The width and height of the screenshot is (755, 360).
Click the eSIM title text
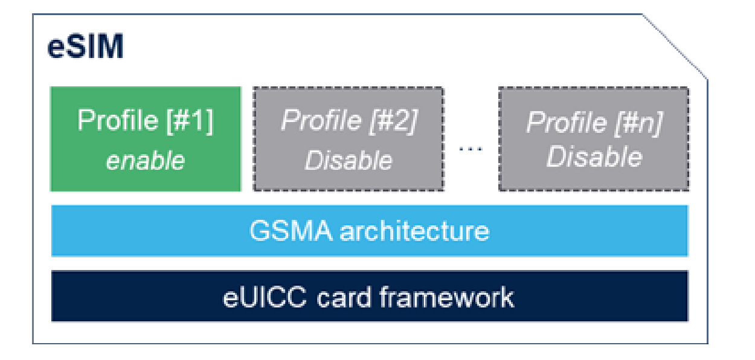(86, 46)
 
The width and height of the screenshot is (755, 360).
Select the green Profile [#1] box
(146, 139)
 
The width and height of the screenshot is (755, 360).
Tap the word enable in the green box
(146, 161)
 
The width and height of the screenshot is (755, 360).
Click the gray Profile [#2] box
(349, 139)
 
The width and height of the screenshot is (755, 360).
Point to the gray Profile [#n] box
(594, 139)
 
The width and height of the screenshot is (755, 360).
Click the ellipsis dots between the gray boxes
(471, 149)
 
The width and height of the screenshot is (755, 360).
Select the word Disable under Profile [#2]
(349, 161)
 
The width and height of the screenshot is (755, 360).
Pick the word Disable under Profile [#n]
(594, 156)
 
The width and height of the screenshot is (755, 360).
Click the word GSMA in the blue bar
(291, 231)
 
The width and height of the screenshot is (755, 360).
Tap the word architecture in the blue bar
(414, 231)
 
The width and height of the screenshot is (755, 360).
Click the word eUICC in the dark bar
(265, 297)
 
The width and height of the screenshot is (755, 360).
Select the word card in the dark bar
(344, 297)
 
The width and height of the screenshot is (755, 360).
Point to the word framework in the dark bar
(447, 297)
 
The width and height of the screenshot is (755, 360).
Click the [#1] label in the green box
(190, 121)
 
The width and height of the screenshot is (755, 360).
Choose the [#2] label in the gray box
(394, 121)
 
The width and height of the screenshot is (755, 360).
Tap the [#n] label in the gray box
(638, 123)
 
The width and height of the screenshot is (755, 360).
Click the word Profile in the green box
(118, 120)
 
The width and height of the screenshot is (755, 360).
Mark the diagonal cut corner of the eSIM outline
(675, 47)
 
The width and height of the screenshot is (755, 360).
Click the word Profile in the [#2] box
(321, 120)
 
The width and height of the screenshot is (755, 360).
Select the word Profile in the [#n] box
(567, 122)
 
